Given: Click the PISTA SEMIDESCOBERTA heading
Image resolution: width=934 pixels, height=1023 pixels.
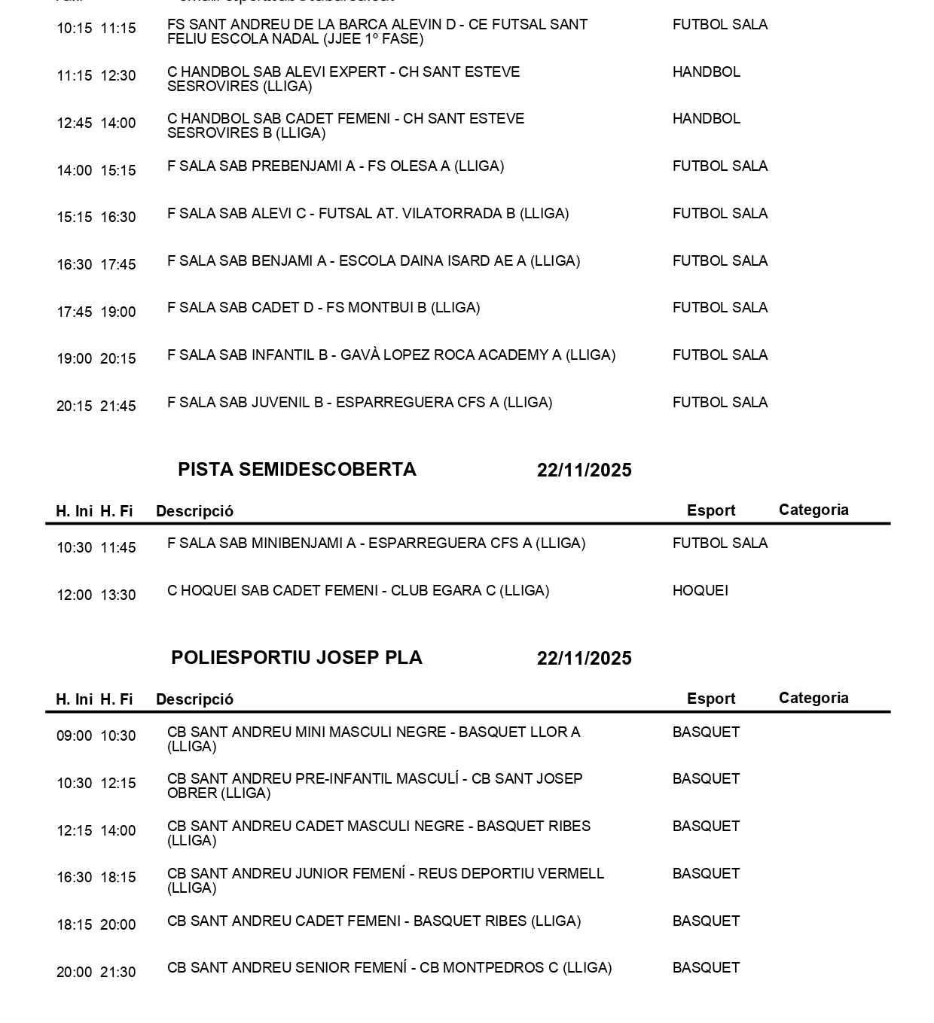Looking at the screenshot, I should tap(297, 470).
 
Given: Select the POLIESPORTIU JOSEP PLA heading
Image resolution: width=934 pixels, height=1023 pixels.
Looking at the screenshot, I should tap(296, 658).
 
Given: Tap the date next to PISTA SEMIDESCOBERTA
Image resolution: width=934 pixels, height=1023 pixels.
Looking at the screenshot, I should tap(584, 470).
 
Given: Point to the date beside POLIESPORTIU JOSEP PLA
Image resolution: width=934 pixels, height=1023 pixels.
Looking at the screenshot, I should tap(584, 659).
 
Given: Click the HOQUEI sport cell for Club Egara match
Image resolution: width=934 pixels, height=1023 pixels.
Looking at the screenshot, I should tap(700, 591).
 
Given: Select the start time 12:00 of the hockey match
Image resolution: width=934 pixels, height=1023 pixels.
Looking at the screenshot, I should tap(75, 595).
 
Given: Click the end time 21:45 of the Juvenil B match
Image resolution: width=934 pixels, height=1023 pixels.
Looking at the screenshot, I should tap(118, 406).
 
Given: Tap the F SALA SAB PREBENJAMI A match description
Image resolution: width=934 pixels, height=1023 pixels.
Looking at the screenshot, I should tap(335, 166).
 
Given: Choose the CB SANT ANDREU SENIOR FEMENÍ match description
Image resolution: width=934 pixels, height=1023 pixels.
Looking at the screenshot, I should tap(389, 968).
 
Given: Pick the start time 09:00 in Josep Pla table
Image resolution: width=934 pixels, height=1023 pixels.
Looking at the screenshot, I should tap(75, 736).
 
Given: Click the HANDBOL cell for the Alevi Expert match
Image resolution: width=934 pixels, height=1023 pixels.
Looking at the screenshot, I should tap(706, 72).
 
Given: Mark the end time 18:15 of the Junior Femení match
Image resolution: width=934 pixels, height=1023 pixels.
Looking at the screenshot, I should tap(118, 878).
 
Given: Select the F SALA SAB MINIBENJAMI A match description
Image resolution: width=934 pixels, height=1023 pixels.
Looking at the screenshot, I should tap(376, 543).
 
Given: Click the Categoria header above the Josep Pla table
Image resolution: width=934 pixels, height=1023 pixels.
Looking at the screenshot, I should tap(813, 698).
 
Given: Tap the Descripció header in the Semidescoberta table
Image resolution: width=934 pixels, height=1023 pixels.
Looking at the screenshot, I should tap(194, 511).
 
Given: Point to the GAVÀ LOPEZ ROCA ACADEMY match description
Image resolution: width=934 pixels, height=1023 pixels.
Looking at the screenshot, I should tap(391, 355).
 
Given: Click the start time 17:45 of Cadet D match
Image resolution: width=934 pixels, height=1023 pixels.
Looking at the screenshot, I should tap(75, 312).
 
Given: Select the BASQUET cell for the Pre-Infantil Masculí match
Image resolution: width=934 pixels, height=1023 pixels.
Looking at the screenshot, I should tap(706, 779).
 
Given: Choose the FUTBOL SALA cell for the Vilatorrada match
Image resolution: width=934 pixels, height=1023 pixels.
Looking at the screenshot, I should tap(719, 214).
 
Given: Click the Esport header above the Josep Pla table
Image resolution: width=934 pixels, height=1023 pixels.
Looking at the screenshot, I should tap(710, 699).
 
